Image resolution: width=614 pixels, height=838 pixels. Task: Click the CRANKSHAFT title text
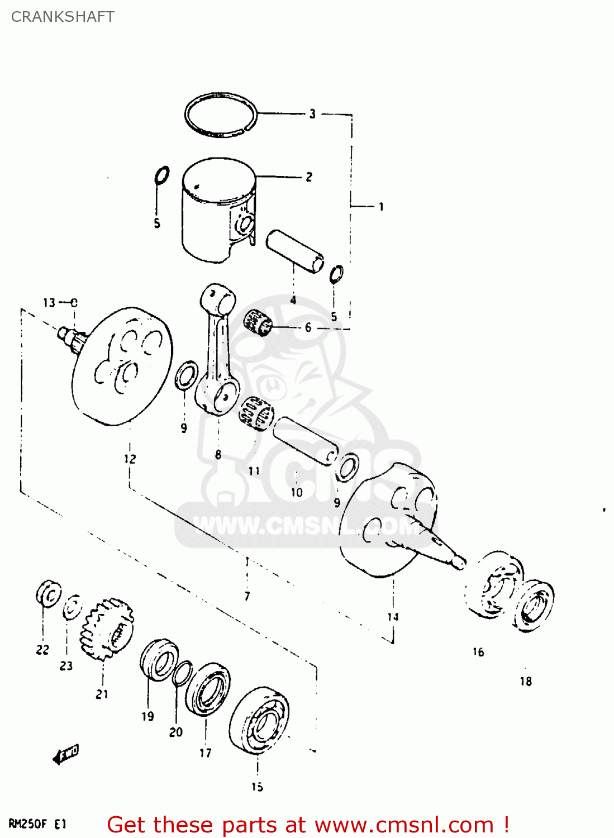click(63, 17)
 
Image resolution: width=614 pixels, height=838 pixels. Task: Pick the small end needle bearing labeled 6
click(258, 322)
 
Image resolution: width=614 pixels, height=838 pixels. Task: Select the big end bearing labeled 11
click(256, 413)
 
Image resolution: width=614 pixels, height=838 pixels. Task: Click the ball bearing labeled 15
click(259, 721)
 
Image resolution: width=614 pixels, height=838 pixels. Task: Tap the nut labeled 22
click(49, 594)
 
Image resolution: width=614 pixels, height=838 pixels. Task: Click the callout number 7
click(247, 596)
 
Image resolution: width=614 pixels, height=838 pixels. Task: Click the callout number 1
click(381, 207)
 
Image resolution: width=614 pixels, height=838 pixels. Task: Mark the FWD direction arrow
click(66, 754)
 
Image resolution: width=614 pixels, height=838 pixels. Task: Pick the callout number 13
click(49, 303)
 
